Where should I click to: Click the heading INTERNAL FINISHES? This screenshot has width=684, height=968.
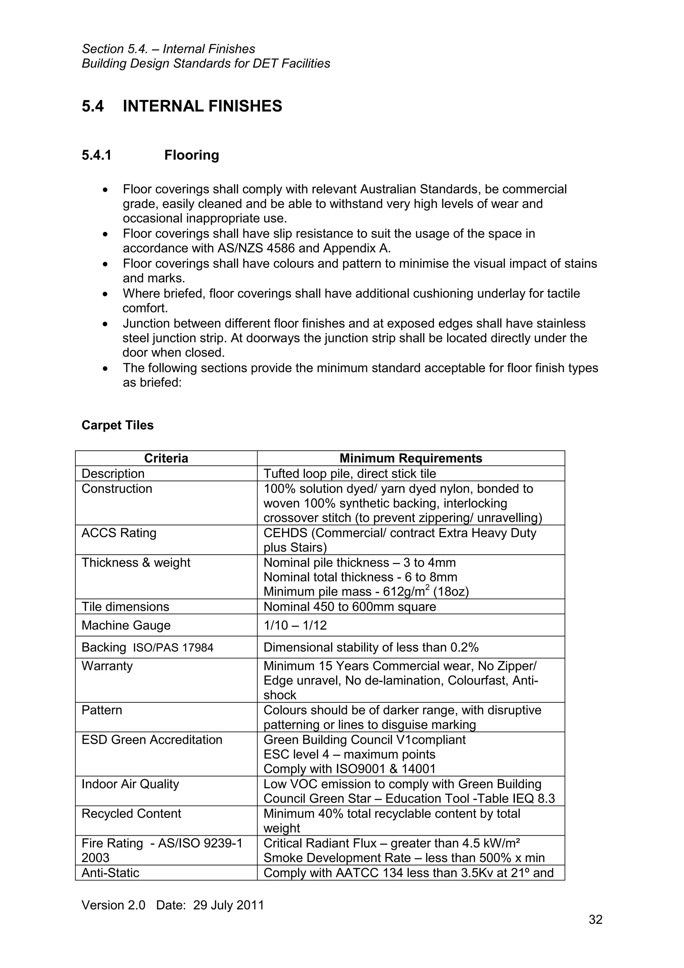[x=202, y=106]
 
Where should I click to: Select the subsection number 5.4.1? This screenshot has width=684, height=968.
[x=97, y=156]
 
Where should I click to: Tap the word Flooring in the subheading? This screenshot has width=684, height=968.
[x=191, y=156]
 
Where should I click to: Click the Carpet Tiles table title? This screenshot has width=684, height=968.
[x=118, y=425]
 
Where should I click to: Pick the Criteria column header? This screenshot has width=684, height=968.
[x=166, y=458]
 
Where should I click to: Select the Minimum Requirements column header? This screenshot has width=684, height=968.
[x=410, y=458]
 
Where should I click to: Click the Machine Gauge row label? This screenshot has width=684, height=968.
[x=126, y=625]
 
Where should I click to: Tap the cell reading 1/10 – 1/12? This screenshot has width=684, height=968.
[x=295, y=625]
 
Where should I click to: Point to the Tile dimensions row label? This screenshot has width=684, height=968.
[x=125, y=607]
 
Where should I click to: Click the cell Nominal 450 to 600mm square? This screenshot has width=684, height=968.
[x=349, y=607]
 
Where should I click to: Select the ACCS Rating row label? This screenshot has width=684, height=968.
[x=119, y=533]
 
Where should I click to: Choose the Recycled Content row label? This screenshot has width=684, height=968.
[x=131, y=814]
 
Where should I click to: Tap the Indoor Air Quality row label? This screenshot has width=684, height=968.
[x=130, y=784]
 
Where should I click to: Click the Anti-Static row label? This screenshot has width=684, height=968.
[x=111, y=873]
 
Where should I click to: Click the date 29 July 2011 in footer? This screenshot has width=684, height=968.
[x=228, y=905]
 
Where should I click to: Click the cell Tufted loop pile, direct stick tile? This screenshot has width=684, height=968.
[x=349, y=473]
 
